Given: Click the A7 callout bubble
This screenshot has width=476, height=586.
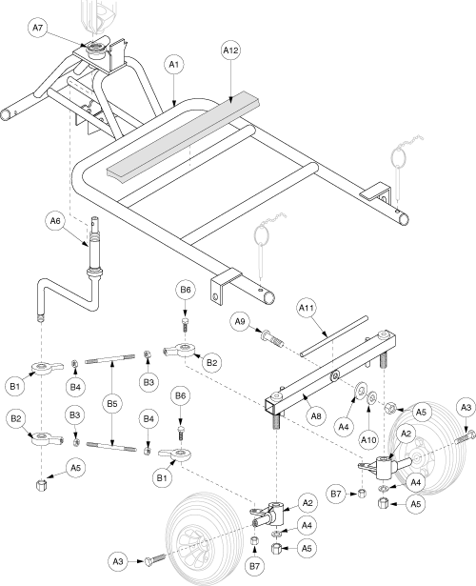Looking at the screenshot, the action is pos(38,28).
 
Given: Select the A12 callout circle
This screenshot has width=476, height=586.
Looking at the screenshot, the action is pos(230,51).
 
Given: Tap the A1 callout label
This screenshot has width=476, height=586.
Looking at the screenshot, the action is pos(174,65).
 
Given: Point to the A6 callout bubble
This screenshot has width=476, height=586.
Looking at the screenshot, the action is pos(55,221).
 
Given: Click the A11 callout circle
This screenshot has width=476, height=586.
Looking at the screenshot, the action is pos(307,308).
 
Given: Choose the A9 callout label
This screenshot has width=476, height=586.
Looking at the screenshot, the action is pos(240,321).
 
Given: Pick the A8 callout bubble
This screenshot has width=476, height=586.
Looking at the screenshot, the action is pos(316,416).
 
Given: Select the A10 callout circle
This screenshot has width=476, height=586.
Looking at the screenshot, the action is pos(368,440).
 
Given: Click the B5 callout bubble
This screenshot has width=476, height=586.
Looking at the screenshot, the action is pos(112,404).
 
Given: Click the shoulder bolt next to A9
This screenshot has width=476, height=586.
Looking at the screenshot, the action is pos(272,338).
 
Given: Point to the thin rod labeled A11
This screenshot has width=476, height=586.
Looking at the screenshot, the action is pos(334,336).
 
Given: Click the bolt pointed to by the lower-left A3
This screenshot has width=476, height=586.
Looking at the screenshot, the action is pos(154,559).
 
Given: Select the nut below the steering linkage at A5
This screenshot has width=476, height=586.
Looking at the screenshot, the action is pos(41,485).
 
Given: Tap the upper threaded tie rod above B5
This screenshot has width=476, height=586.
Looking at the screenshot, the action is pos(110,359).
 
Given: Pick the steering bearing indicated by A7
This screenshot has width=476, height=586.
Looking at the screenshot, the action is pos(96,49).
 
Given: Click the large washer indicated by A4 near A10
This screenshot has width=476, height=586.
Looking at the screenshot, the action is pos(361,390).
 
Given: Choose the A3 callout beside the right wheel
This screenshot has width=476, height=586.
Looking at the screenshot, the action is pos(466,408).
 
